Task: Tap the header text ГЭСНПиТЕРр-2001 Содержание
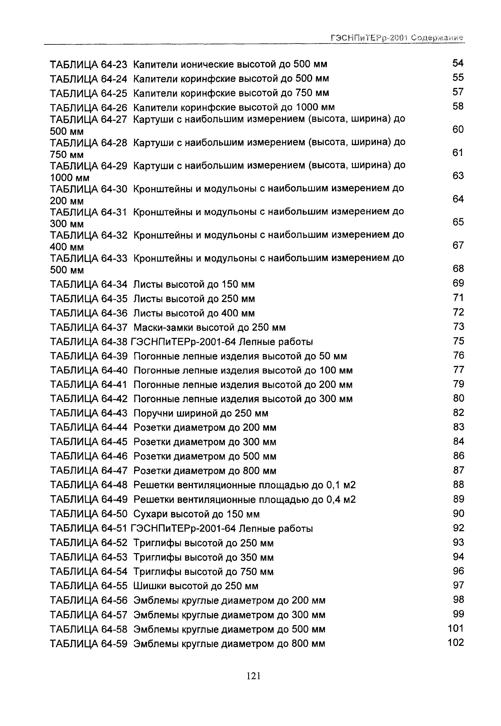397,38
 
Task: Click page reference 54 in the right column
458,63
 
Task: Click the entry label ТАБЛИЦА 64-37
88,327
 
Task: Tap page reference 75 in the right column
458,341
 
